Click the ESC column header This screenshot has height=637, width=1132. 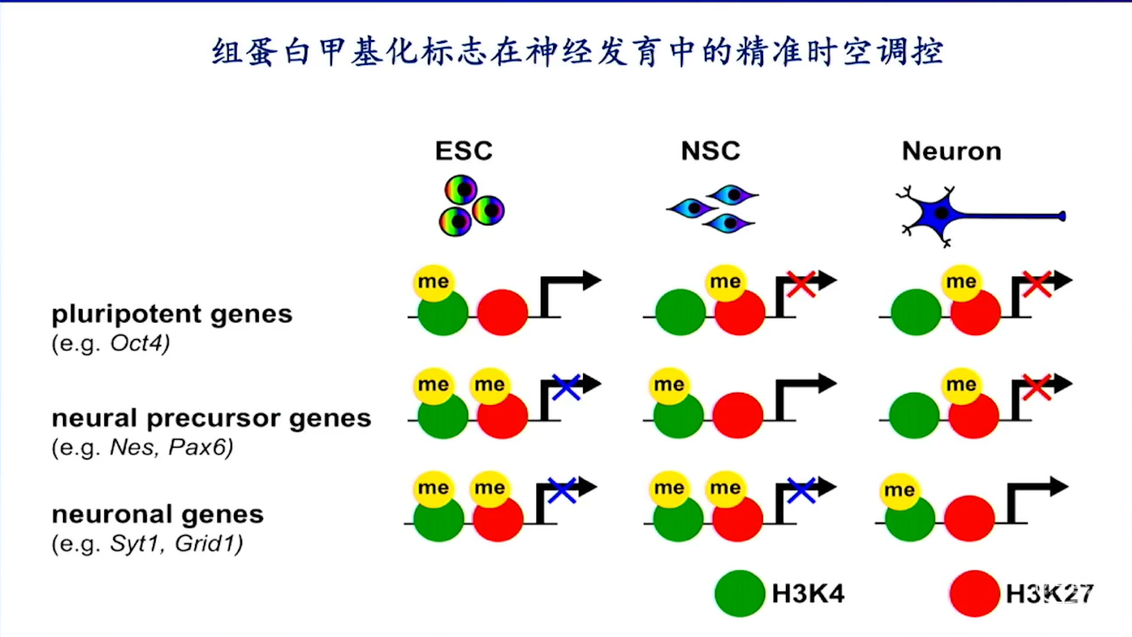pyautogui.click(x=463, y=151)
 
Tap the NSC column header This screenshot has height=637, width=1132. pyautogui.click(x=710, y=151)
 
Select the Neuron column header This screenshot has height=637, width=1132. pyautogui.click(x=951, y=152)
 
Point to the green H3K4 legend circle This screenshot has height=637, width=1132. pyautogui.click(x=739, y=593)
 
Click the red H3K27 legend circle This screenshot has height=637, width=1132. pyautogui.click(x=975, y=593)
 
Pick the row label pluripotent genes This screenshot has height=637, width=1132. pyautogui.click(x=172, y=314)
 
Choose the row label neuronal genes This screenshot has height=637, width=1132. pyautogui.click(x=157, y=514)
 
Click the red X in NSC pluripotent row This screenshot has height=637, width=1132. pyautogui.click(x=801, y=284)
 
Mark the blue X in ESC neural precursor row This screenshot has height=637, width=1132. pyautogui.click(x=566, y=388)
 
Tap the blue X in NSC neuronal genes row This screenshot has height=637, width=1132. pyautogui.click(x=801, y=491)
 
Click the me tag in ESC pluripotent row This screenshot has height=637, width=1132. pyautogui.click(x=433, y=282)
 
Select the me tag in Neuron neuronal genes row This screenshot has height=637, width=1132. pyautogui.click(x=899, y=490)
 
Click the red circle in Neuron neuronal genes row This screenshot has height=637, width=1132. pyautogui.click(x=969, y=518)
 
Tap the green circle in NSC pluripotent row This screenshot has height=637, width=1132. pyautogui.click(x=680, y=312)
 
